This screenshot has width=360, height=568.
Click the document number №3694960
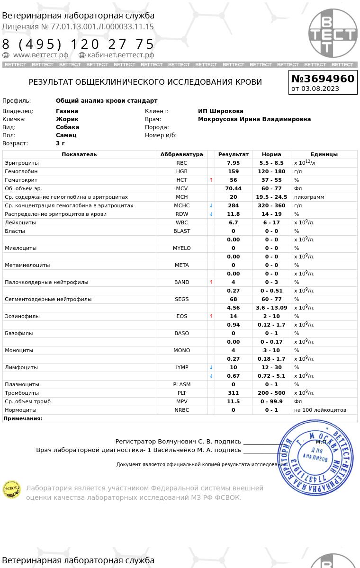tap(323, 79)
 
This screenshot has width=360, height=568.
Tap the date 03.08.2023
tap(320, 89)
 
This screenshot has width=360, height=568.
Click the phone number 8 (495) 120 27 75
tap(78, 44)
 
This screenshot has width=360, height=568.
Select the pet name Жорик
tap(67, 119)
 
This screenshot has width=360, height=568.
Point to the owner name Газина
tap(67, 111)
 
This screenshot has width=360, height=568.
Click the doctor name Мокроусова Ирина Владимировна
tap(254, 119)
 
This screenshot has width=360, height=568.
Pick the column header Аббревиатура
tap(181, 154)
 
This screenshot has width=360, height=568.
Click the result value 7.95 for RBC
tap(233, 163)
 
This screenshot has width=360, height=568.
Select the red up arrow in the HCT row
tap(211, 180)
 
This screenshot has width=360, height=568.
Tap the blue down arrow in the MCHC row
tap(211, 205)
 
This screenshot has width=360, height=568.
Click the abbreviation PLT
tap(181, 393)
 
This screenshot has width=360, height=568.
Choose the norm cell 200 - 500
tap(271, 393)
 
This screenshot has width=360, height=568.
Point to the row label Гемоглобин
tap(21, 171)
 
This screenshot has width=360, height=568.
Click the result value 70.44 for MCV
tap(233, 188)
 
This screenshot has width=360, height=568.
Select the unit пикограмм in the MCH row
tap(309, 197)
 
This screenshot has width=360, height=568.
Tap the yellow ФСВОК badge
tap(12, 489)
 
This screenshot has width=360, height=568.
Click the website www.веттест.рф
tap(40, 55)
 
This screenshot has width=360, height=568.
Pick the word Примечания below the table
tap(23, 418)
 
